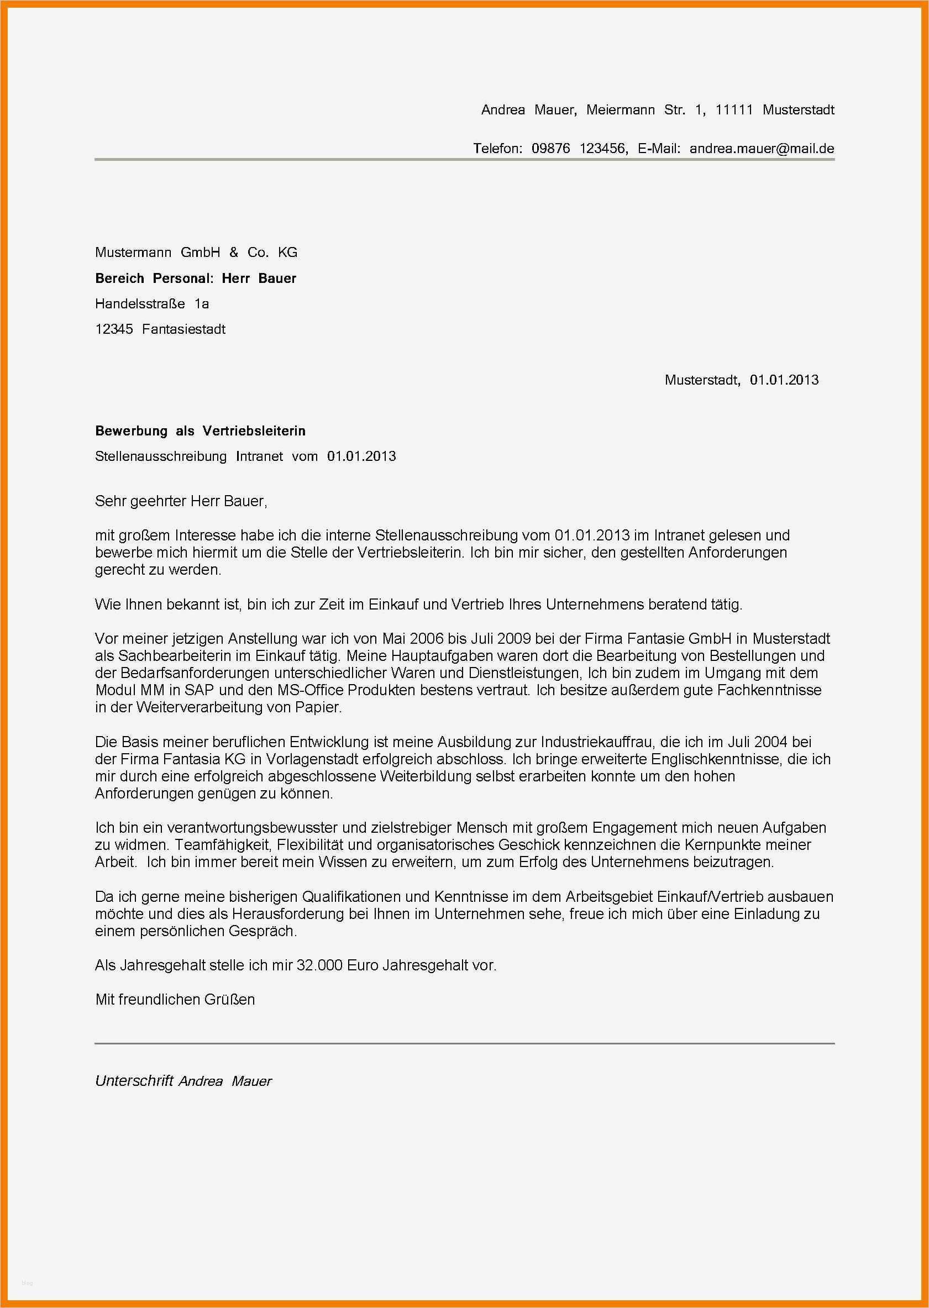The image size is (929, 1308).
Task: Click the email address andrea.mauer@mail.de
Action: coord(762,149)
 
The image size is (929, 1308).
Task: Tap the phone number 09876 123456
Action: coord(579,149)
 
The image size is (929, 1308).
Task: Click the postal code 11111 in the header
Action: coord(734,110)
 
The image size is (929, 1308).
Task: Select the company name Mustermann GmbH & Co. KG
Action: coord(196,252)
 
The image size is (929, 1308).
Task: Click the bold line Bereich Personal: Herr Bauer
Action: coord(196,279)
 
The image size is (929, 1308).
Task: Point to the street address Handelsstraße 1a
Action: coord(151,304)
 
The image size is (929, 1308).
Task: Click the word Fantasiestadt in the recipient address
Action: coord(183,329)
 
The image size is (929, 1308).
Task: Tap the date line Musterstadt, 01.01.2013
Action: coord(741,380)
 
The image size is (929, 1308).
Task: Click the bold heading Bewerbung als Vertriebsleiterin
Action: coord(200,430)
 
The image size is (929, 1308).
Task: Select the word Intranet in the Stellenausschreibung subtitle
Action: coord(259,456)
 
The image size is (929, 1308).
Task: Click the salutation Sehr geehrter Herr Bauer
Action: coord(181,502)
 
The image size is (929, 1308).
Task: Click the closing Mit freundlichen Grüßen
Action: coord(175,1000)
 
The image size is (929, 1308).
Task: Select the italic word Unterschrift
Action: coord(134,1081)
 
